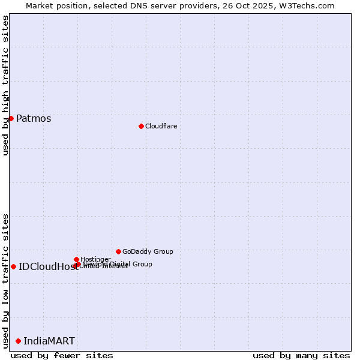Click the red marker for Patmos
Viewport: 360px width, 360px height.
(x=11, y=118)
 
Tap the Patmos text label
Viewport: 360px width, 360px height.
(x=34, y=118)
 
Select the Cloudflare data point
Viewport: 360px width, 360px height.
(x=141, y=126)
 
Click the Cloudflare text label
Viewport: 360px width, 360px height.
(x=161, y=126)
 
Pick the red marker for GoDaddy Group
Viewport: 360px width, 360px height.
(x=118, y=251)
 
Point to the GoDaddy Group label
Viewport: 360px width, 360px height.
(x=148, y=251)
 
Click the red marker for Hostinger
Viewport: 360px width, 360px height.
(x=76, y=259)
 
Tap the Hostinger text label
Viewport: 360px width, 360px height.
(x=95, y=259)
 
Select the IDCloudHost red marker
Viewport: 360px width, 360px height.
(x=13, y=266)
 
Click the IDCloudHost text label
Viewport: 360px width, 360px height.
(x=48, y=266)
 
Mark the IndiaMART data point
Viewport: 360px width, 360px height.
(x=18, y=341)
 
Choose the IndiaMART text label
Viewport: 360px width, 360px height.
(x=49, y=341)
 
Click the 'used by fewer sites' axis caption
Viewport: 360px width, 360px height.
(x=62, y=355)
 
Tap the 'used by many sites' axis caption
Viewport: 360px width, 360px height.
(x=301, y=355)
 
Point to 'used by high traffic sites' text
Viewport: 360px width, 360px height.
(x=5, y=85)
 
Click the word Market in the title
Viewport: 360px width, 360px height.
(x=39, y=5)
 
